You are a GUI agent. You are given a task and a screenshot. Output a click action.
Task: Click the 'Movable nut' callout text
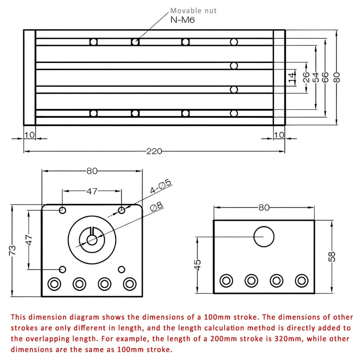click(x=193, y=10)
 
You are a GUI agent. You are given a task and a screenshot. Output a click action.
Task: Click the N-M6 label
click(x=182, y=19)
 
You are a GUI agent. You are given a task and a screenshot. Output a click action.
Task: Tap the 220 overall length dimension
click(x=154, y=151)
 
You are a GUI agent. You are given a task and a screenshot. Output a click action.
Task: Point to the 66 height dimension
click(x=325, y=77)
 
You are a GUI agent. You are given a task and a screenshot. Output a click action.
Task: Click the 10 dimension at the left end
click(x=30, y=135)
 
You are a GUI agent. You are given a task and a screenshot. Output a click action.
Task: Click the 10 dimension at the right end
click(x=279, y=135)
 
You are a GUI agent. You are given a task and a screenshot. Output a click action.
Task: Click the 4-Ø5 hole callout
click(x=161, y=186)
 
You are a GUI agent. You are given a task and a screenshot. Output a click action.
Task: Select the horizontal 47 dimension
click(x=92, y=191)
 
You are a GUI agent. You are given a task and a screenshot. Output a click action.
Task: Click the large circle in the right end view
click(x=264, y=237)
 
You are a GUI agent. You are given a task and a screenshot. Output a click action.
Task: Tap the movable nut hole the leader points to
click(x=135, y=42)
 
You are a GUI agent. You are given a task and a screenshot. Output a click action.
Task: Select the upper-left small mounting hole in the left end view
click(x=63, y=210)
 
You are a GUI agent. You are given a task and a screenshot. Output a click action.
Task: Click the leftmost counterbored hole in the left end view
click(x=54, y=283)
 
